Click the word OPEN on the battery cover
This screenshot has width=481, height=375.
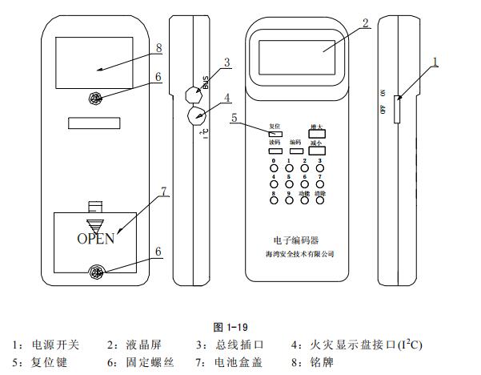(x=95, y=238)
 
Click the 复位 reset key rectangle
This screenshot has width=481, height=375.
(x=275, y=133)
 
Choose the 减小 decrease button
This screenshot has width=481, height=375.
(x=318, y=149)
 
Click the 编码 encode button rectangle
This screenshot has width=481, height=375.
(x=296, y=150)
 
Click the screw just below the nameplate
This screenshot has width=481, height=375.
(x=95, y=99)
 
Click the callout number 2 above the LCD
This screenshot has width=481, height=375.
(x=365, y=22)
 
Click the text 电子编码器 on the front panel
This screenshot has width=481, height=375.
(x=296, y=240)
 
